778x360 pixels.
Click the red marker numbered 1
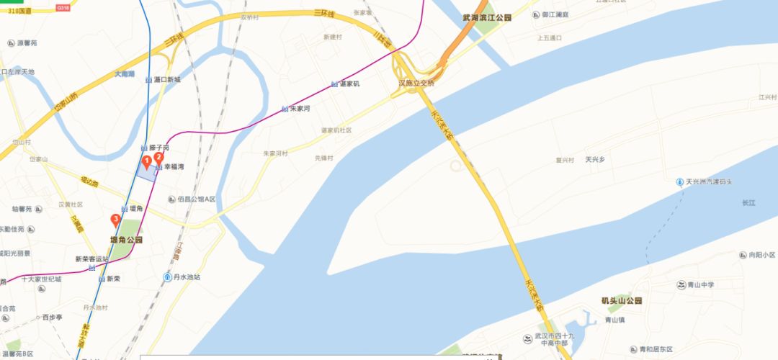tap(146, 161)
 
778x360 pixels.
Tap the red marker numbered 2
tap(159, 158)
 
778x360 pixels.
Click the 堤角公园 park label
tap(126, 239)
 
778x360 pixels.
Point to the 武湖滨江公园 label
tap(486, 17)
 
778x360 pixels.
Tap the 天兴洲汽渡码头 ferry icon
tap(679, 181)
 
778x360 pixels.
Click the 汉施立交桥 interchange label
tap(417, 84)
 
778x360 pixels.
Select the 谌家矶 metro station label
tap(349, 84)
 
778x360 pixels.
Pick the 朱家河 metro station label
tap(299, 109)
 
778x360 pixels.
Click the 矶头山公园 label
tap(622, 300)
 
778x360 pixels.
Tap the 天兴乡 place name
tap(599, 159)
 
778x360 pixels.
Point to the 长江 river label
tap(750, 204)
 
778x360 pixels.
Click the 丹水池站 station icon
tap(167, 276)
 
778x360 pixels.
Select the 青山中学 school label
tap(699, 284)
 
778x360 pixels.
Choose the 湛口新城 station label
tap(167, 79)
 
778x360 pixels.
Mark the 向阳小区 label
tap(761, 255)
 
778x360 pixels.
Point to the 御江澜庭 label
tap(555, 14)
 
